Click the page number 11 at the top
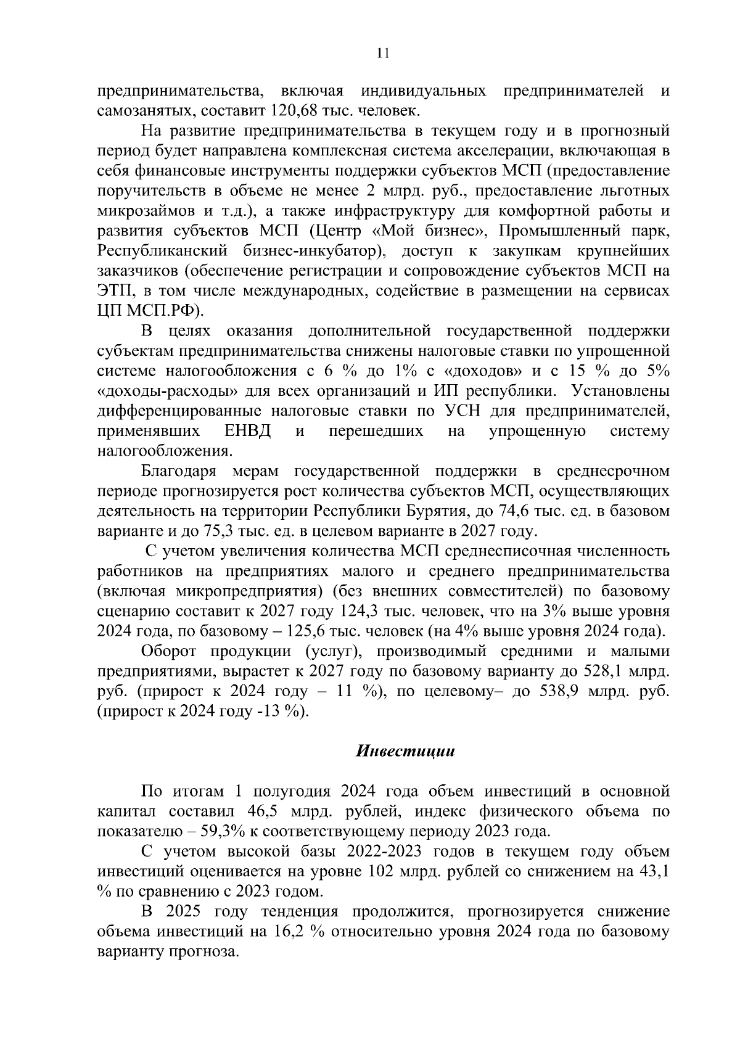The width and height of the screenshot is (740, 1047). [382, 54]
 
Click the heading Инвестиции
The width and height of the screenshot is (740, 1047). [405, 751]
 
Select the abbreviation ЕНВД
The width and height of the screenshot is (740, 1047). [248, 430]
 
